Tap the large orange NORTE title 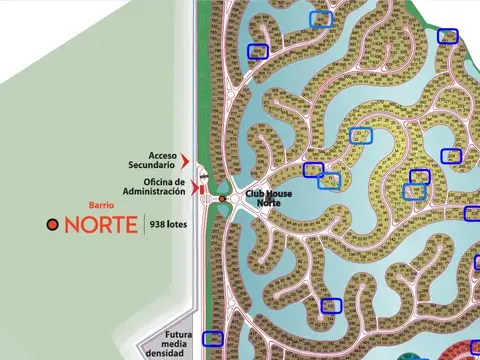pos(100,224)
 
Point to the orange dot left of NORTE pos(53,225)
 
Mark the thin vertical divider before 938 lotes pos(144,224)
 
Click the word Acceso pos(162,155)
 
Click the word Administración pos(154,191)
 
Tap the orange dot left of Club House pos(223,198)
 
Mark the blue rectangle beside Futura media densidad pos(211,339)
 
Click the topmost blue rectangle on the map pos(321,18)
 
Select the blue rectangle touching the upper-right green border pos(448,37)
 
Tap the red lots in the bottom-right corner pos(467,350)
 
